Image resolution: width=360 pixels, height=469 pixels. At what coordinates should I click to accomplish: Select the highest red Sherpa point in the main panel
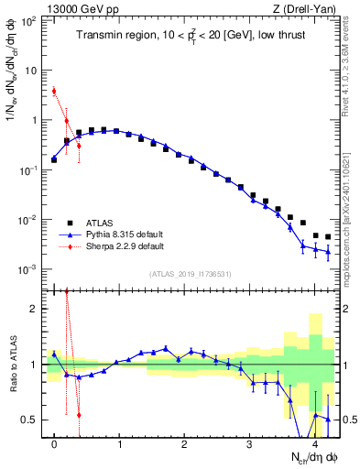[x=54, y=91]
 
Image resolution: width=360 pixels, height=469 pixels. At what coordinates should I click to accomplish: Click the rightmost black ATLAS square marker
[x=328, y=237]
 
